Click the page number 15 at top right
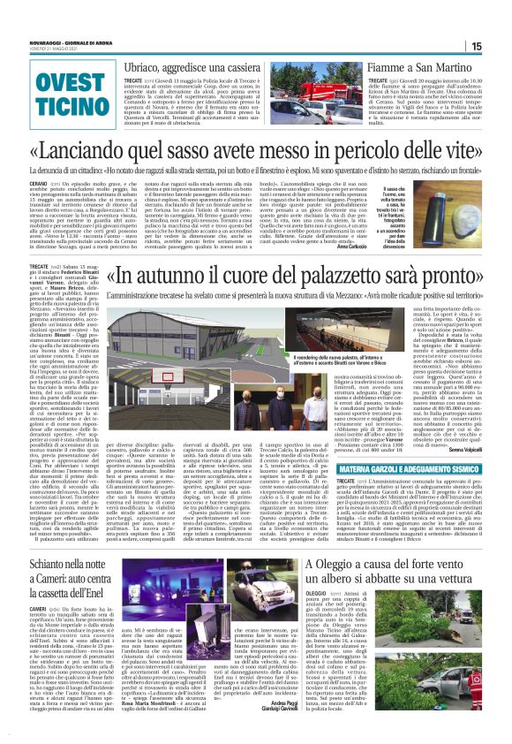501,46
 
